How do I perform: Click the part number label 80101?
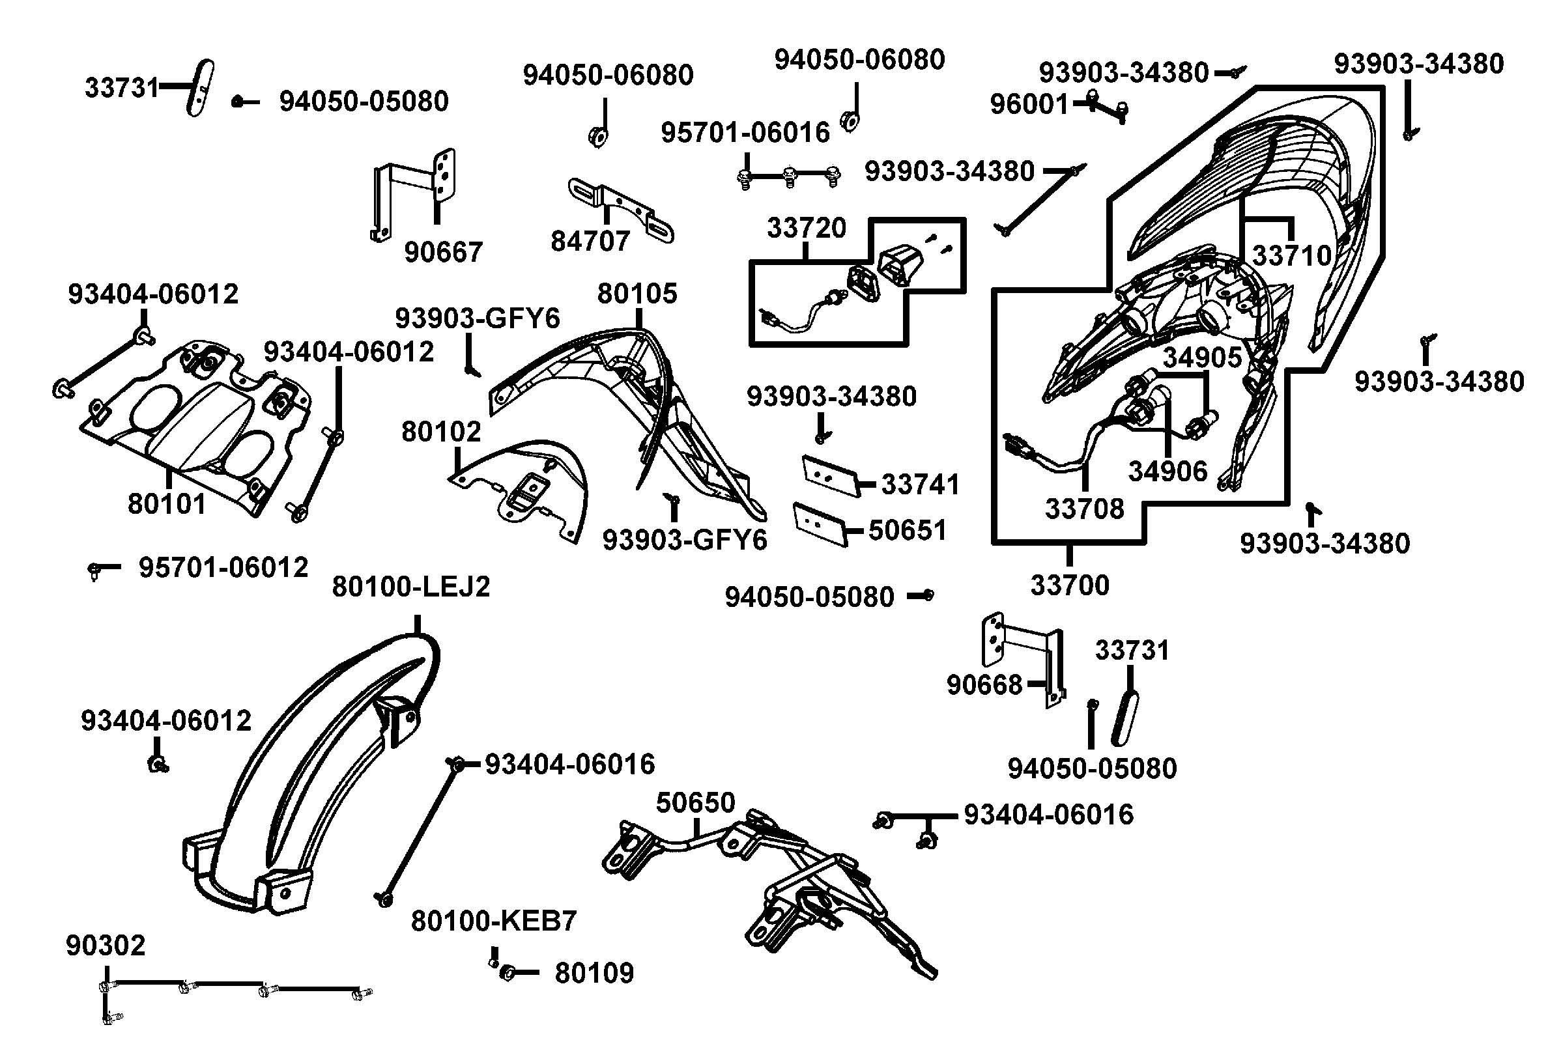(x=167, y=504)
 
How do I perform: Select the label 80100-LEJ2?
(x=410, y=586)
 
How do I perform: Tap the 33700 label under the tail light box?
(x=1069, y=585)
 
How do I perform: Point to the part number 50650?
(x=695, y=802)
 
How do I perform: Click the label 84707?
(x=590, y=242)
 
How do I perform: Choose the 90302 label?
(x=106, y=946)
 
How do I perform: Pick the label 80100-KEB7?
(x=494, y=921)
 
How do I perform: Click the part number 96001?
(x=1029, y=104)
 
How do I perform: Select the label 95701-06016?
(x=745, y=134)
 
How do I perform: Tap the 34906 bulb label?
(x=1167, y=471)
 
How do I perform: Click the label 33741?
(x=920, y=485)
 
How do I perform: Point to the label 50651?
(x=907, y=530)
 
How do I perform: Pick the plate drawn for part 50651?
(x=820, y=524)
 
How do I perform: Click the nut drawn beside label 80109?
(x=506, y=973)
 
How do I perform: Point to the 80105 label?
(x=637, y=293)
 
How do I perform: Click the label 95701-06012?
(x=223, y=568)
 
